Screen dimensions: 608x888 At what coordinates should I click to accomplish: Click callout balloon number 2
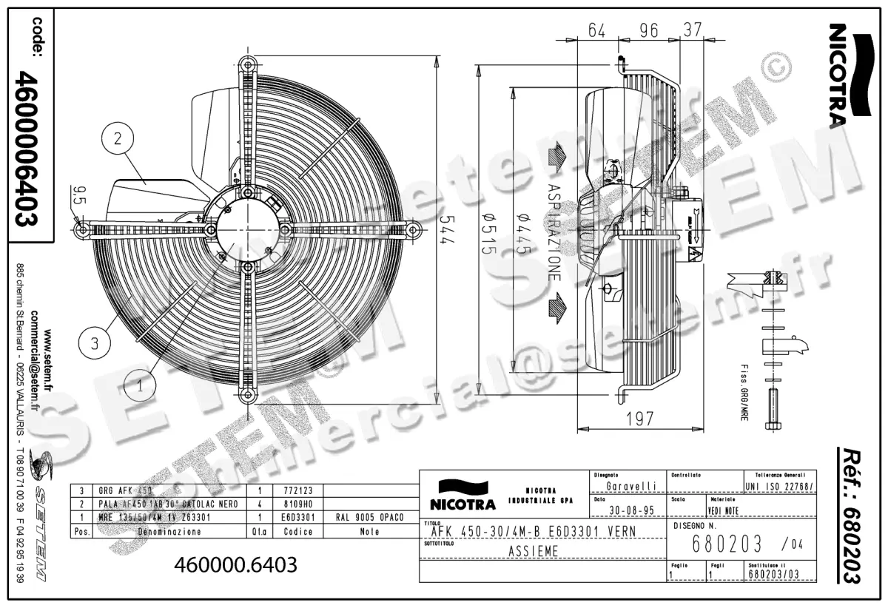pyautogui.click(x=118, y=138)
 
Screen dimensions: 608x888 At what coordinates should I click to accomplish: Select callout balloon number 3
pyautogui.click(x=94, y=343)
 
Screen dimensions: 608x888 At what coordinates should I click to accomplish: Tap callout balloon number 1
pyautogui.click(x=138, y=385)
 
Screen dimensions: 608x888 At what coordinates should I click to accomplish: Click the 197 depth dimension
pyautogui.click(x=639, y=419)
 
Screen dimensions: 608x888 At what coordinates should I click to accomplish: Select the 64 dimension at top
pyautogui.click(x=597, y=30)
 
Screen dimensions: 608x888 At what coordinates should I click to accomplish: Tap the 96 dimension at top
pyautogui.click(x=647, y=30)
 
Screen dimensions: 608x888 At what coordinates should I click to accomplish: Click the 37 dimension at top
pyautogui.click(x=693, y=30)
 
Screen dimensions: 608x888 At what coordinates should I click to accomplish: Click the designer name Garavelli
pyautogui.click(x=630, y=486)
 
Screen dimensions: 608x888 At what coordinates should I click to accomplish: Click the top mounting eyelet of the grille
pyautogui.click(x=247, y=66)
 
